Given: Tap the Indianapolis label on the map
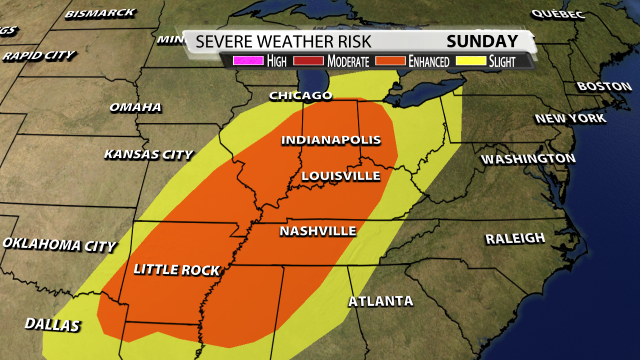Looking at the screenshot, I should pos(331,140).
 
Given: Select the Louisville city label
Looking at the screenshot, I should pos(340,176).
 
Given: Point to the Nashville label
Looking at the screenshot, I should pos(318,231).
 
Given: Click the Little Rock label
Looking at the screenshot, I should pos(176,269).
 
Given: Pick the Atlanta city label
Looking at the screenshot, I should pos(381,301).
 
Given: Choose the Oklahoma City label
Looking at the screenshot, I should pos(59,244).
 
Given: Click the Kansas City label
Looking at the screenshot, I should pos(148,154).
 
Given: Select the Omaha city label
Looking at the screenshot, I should pos(135,107).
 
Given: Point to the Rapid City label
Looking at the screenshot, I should pos(38,55).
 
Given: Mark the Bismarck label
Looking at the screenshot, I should pos(100,12).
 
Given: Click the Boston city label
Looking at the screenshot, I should pos(604,86).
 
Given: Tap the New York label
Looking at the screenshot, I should pos(570,118).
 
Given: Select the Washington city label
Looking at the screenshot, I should pos(528,159).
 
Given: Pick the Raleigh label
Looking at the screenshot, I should pos(515,238).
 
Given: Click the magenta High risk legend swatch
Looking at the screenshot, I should pos(248,61).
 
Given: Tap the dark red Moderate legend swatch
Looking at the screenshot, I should pos(308,61).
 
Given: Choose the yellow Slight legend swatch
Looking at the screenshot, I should pos(469,61).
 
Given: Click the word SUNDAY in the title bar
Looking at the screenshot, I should pos(482,41).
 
